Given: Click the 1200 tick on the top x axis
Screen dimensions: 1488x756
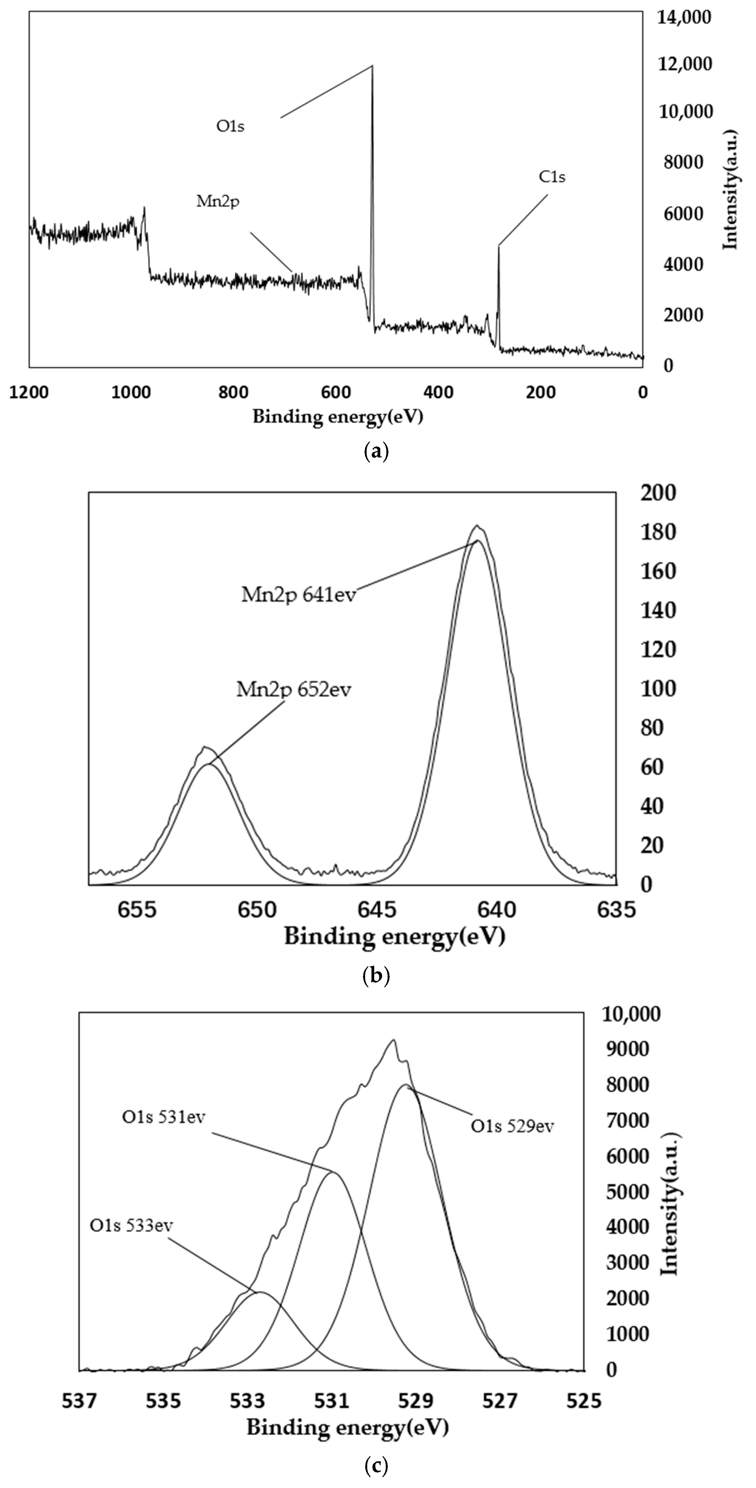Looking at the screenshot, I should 29,392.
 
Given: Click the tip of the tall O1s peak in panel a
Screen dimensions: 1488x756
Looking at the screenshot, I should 372,66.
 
